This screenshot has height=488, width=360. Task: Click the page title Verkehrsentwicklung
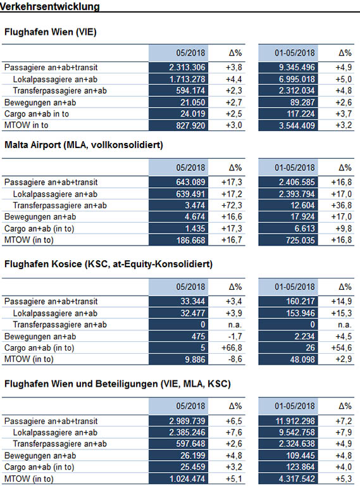coord(50,6)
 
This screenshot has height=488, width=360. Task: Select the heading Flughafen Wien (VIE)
coord(51,32)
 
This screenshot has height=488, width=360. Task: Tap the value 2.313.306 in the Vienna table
coord(187,68)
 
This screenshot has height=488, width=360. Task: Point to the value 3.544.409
coord(297,125)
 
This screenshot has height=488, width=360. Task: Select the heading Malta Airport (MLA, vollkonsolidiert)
coord(84,145)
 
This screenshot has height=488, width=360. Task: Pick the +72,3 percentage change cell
coord(232,206)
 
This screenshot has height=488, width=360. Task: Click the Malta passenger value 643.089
coord(190,182)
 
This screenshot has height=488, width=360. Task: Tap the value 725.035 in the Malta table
coord(301,241)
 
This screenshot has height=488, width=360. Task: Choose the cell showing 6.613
coord(305,228)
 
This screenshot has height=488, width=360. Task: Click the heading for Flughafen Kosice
coord(108,264)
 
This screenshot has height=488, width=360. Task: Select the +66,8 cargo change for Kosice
coord(232,347)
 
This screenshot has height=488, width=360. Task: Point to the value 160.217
coord(301,301)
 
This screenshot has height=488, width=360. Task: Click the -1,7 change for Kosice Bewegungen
coord(235,337)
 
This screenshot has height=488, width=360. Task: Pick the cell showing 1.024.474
coord(187,479)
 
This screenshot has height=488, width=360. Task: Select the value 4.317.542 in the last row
coord(297,479)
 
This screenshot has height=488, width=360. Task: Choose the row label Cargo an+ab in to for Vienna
coord(37,114)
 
